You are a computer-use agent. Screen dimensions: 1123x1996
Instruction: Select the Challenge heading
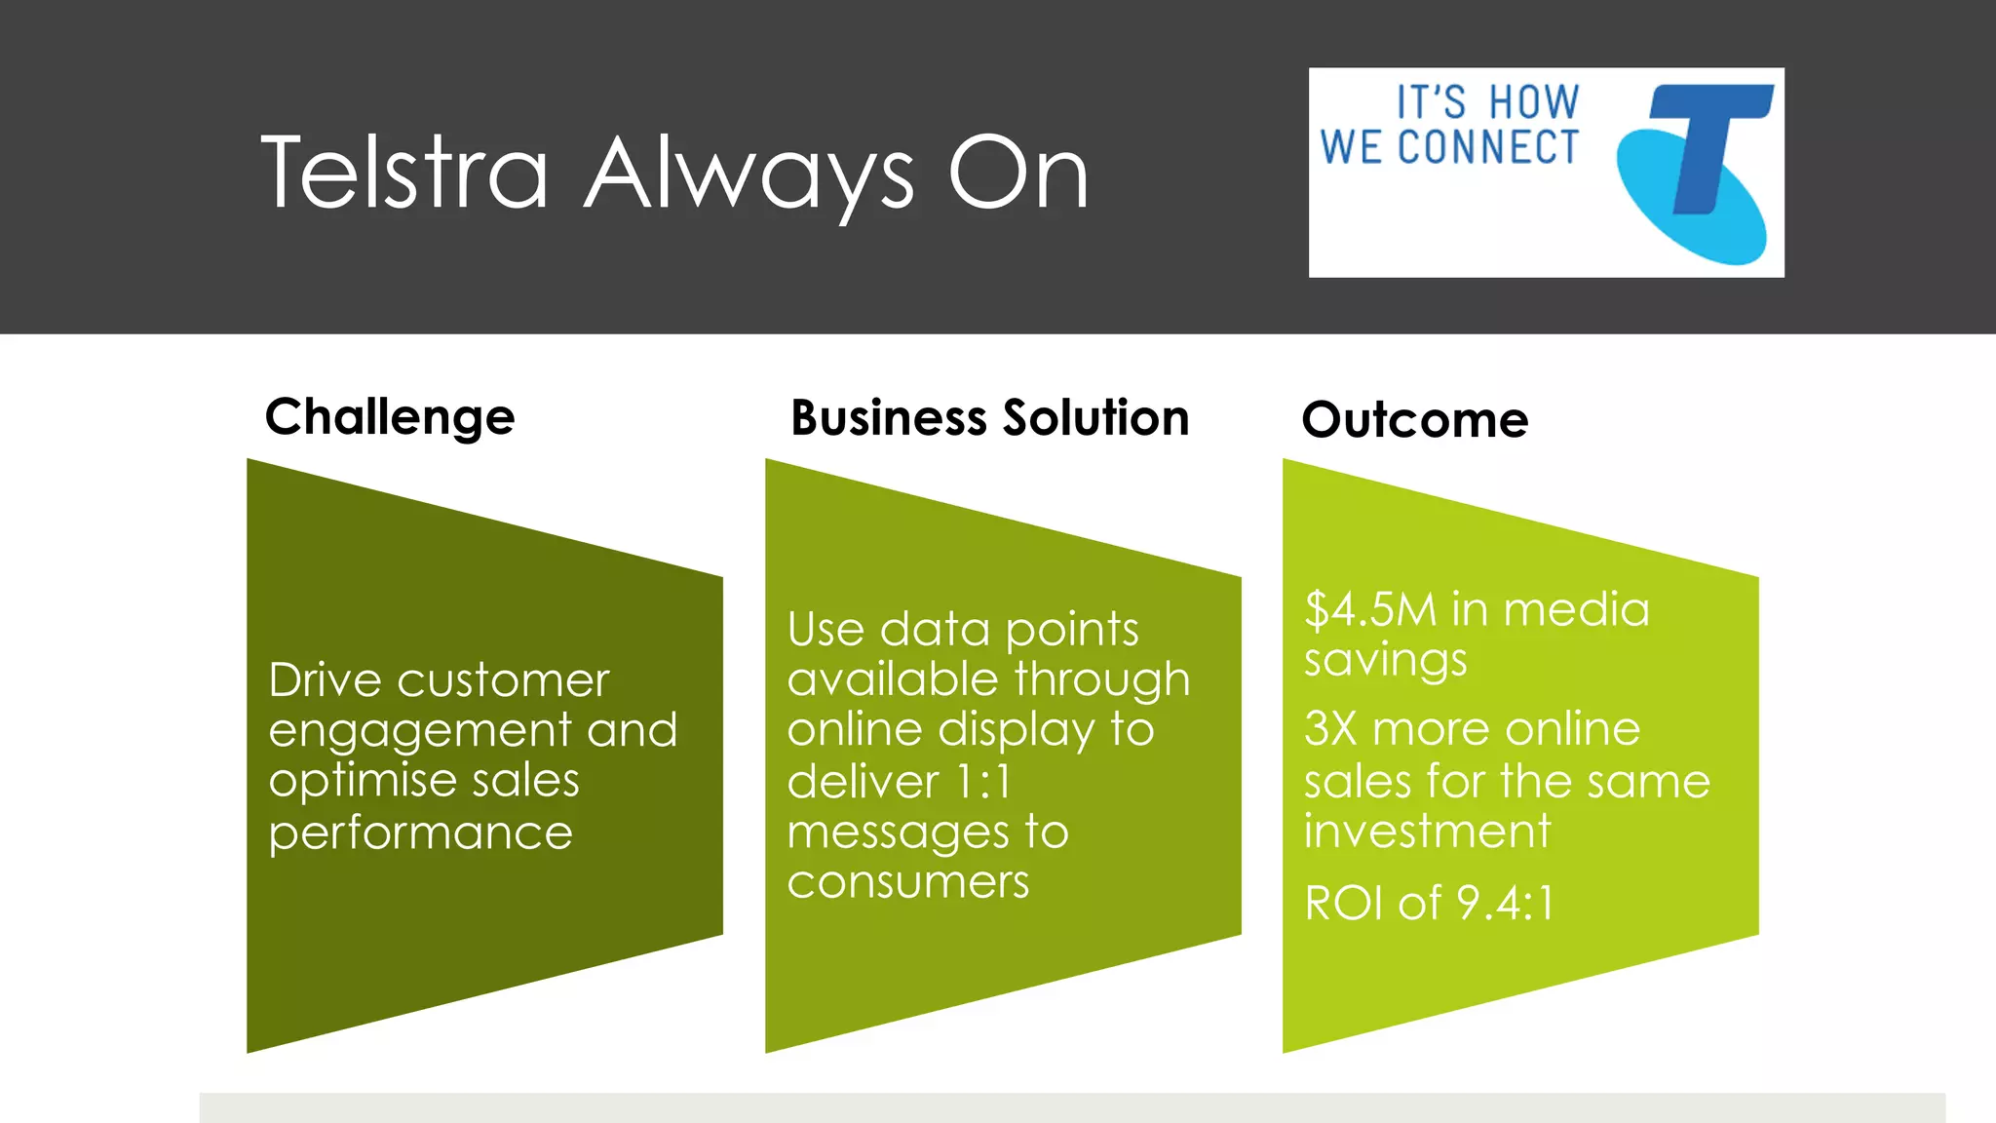pos(389,417)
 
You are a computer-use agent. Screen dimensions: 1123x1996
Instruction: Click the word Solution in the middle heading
pos(1095,417)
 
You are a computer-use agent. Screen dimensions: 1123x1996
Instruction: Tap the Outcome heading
pos(1414,419)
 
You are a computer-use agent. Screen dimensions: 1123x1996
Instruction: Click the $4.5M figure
pos(1370,609)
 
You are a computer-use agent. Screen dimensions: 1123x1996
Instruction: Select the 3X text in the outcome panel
pos(1329,728)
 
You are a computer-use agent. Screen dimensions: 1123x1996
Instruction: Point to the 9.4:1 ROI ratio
pos(1505,903)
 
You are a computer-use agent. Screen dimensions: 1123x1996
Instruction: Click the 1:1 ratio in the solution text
pos(983,781)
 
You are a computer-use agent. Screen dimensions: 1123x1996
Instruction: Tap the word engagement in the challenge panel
pos(420,731)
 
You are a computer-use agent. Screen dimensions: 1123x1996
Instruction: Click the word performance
pos(420,833)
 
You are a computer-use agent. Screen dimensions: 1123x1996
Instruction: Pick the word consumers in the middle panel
pos(907,882)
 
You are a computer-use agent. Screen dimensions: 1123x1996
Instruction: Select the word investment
pos(1427,831)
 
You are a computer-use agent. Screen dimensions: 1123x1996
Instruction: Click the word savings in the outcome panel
pos(1385,660)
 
